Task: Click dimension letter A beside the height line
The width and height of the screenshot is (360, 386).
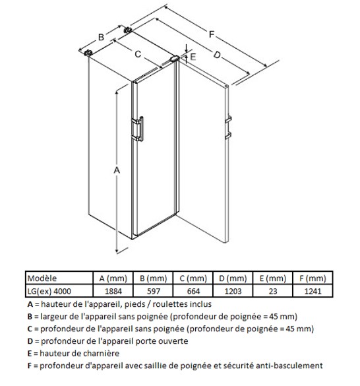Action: click(117, 170)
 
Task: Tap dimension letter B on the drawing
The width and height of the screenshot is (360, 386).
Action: click(101, 37)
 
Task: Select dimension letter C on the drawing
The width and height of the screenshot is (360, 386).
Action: click(138, 54)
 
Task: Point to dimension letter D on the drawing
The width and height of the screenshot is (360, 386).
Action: click(217, 55)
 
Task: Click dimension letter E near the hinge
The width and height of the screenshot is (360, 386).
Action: click(193, 57)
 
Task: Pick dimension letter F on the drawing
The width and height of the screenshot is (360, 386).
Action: click(212, 34)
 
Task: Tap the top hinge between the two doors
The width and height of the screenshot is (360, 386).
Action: click(174, 58)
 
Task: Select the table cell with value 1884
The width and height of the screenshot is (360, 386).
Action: click(113, 291)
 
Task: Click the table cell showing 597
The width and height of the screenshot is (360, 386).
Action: click(154, 291)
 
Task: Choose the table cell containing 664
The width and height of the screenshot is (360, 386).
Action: click(193, 291)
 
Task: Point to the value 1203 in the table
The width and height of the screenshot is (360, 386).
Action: click(233, 291)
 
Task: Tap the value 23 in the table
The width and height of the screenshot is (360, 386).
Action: click(273, 291)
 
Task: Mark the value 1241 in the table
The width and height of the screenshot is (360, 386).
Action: click(313, 291)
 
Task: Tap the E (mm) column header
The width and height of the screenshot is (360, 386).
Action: click(273, 278)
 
